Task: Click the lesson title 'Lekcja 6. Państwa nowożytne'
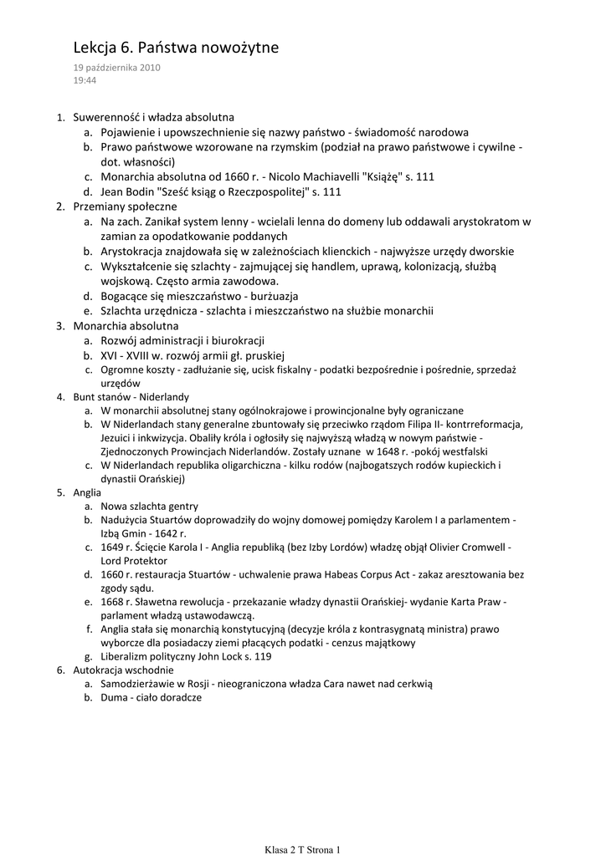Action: point(175,48)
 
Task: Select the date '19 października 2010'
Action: point(117,68)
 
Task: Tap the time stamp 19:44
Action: point(85,80)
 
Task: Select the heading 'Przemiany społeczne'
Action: point(125,206)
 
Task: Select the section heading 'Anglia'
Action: point(87,493)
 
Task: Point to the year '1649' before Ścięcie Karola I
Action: point(114,548)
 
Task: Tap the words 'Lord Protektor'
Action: point(134,561)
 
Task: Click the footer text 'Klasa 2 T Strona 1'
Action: point(302,849)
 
